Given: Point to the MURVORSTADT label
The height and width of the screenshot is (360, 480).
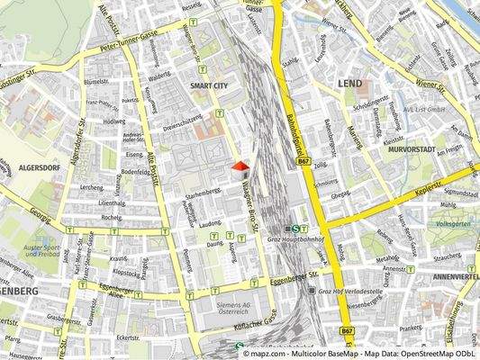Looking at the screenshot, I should (414, 149).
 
